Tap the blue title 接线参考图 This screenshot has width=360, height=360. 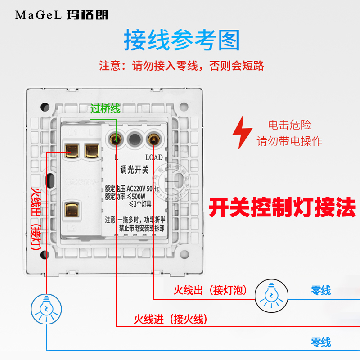coord(182,40)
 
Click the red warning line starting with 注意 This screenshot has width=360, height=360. coord(181,66)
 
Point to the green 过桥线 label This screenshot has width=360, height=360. coord(105,109)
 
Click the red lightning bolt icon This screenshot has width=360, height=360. coord(242,133)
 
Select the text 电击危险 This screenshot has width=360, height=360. coord(289,125)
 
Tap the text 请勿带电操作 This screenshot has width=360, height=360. coord(289,141)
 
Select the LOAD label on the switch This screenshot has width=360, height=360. coord(153,157)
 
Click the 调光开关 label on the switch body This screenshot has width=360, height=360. coord(134,170)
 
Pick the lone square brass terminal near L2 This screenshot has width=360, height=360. coord(72,210)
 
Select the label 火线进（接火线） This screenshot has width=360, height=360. coord(170,319)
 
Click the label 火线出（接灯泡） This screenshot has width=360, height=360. coord(211,290)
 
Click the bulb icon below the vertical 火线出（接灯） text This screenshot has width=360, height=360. coord(46,308)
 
